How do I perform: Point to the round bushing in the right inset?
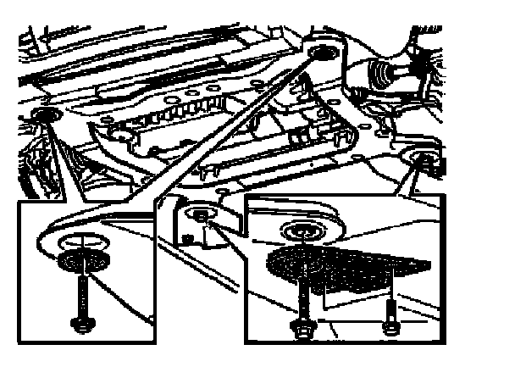point(300,231)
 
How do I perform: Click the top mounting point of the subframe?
point(320,56)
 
